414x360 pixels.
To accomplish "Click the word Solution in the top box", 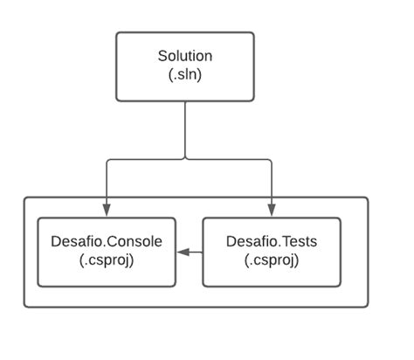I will click(184, 56).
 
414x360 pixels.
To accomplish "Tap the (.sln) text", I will click(184, 74).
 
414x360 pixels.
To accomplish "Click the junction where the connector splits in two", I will click(185, 159).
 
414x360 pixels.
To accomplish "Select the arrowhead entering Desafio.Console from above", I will click(107, 210).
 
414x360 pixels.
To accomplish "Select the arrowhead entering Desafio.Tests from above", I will click(271, 210).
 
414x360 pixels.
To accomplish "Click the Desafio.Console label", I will click(107, 241).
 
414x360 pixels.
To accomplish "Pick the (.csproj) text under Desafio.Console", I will click(107, 260).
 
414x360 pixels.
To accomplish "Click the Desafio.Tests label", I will click(271, 241).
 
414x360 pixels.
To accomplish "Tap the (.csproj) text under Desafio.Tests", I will click(271, 260).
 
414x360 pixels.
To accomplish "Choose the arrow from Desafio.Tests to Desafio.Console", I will click(189, 252).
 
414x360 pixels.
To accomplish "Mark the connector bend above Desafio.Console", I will click(107, 161).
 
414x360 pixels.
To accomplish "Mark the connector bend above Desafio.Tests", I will click(270, 161).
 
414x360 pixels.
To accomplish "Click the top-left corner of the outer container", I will click(25, 198).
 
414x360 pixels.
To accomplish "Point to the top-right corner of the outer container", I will click(367, 198).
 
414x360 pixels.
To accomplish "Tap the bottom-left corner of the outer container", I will click(25, 306).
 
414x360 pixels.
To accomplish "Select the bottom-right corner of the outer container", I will click(367, 306).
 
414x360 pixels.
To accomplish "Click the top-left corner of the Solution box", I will click(117, 34).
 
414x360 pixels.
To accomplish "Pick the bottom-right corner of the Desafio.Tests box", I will click(339, 285).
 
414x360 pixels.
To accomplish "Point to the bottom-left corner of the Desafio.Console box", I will click(38, 285).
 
